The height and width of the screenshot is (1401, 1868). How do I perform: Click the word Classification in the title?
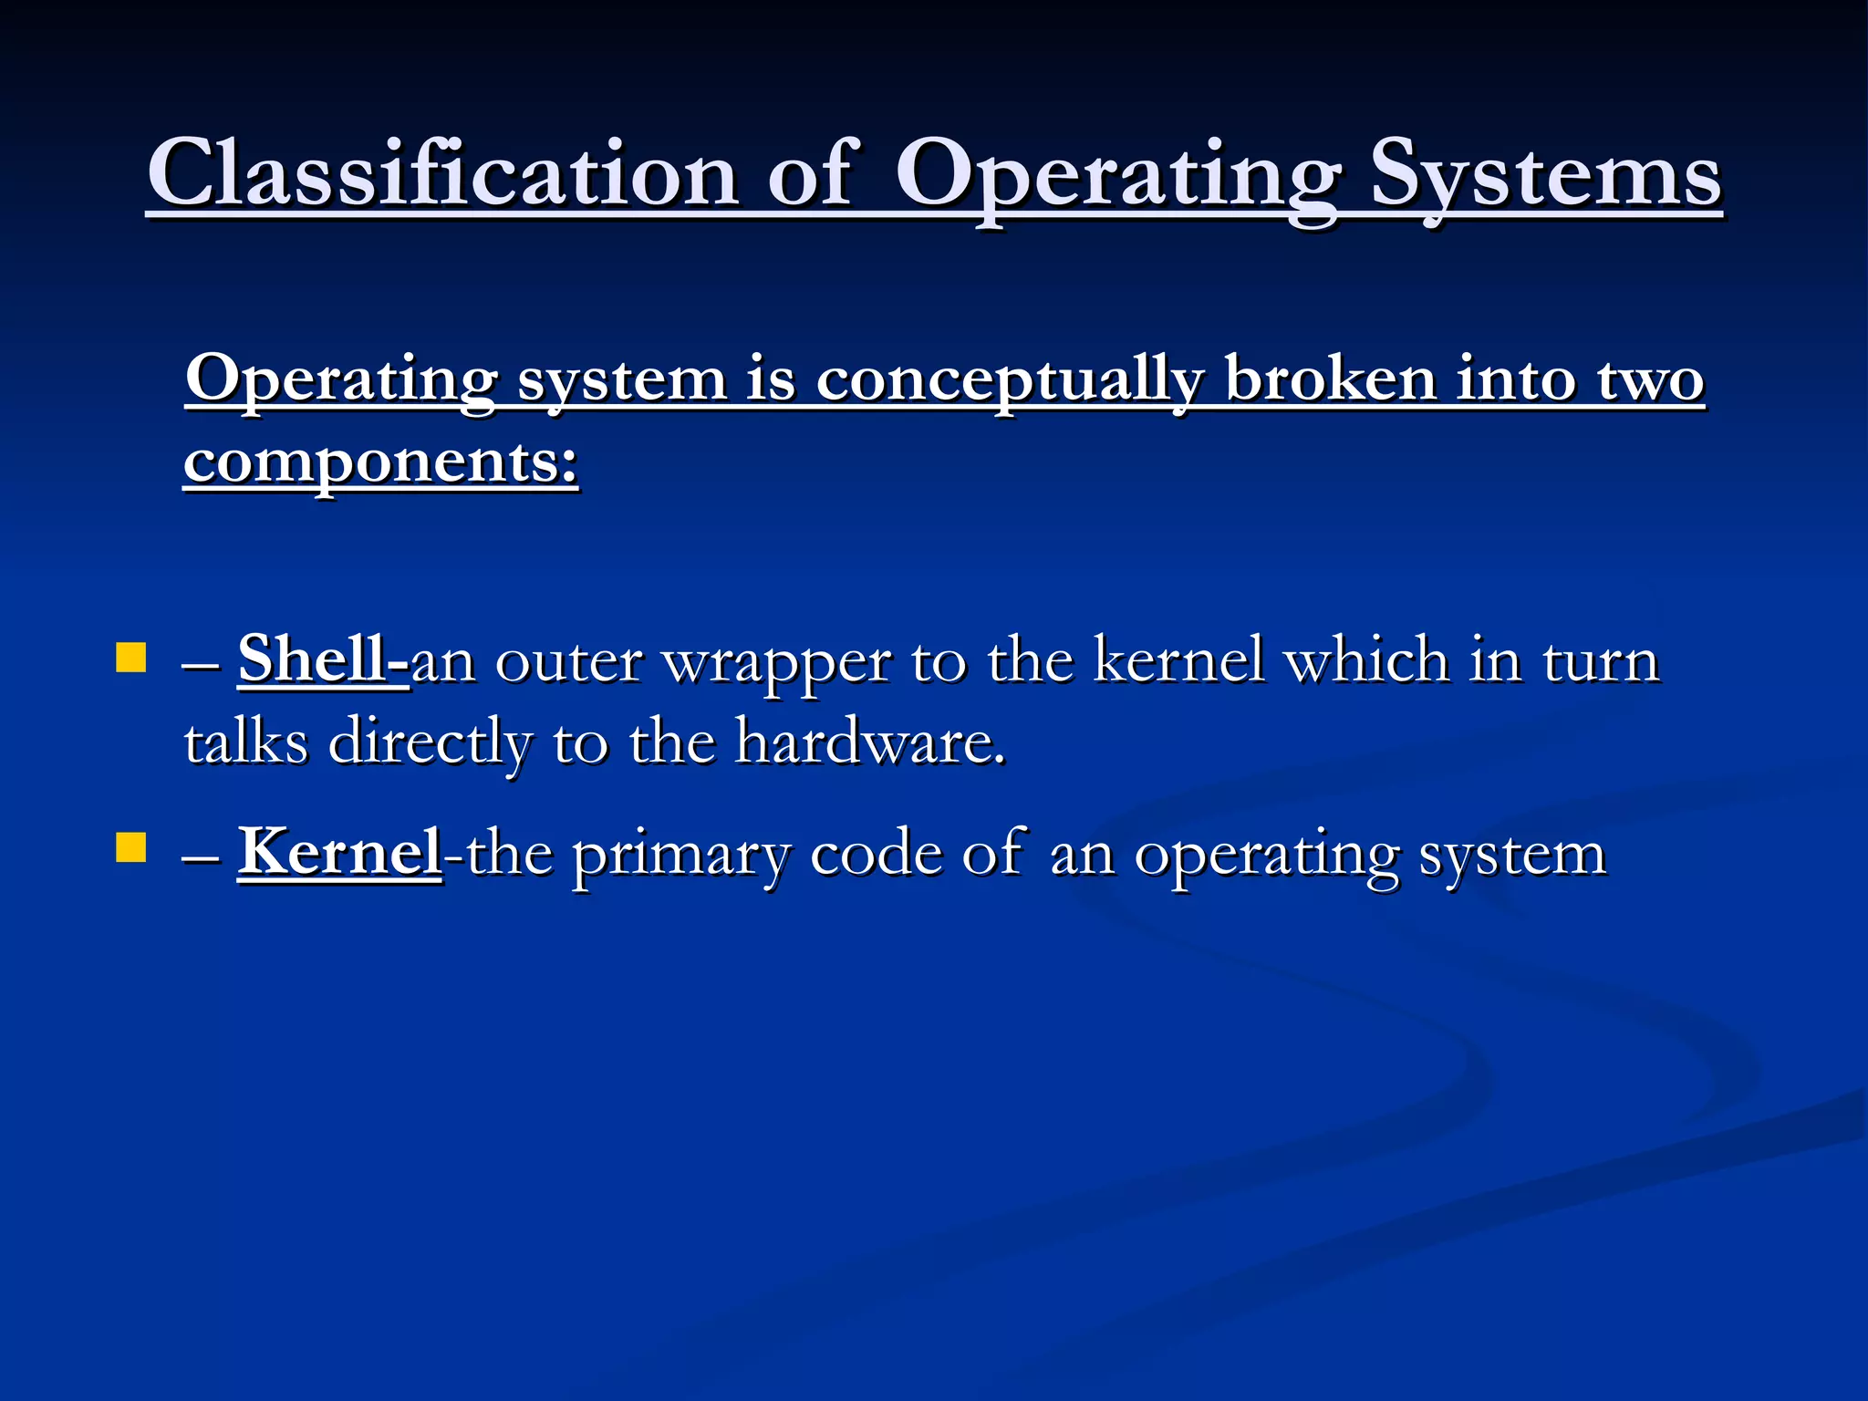pos(442,173)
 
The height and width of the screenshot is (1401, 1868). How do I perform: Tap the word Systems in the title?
pos(1545,173)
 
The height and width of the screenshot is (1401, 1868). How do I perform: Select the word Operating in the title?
pos(1117,173)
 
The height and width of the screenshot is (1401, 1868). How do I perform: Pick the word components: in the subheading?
pos(381,462)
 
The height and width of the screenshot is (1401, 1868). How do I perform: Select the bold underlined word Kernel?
pos(339,852)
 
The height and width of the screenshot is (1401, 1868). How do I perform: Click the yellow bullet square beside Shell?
pos(131,658)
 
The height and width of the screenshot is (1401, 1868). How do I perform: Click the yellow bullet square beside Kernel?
pos(131,847)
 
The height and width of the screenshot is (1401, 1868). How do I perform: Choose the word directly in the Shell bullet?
pos(429,743)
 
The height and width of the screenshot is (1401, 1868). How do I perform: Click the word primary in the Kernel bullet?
pos(680,856)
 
